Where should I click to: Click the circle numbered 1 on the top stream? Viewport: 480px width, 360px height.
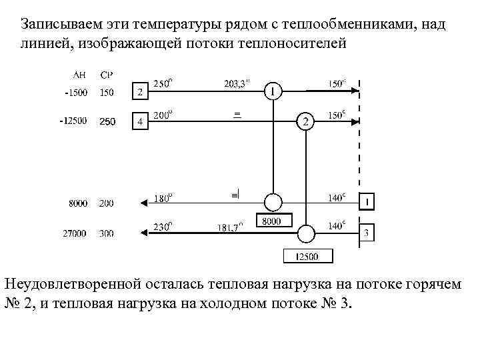(272, 91)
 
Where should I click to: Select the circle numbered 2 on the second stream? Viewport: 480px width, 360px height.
(305, 121)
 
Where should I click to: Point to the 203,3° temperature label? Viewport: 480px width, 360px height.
(237, 83)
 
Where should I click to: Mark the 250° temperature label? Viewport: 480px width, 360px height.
(163, 83)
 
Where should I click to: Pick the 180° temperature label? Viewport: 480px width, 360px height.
(163, 197)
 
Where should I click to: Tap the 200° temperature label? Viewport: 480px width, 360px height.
(163, 115)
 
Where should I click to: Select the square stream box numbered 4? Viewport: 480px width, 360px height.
(139, 121)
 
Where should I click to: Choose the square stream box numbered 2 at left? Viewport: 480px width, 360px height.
(139, 91)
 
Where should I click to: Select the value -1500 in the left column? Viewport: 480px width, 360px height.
(75, 92)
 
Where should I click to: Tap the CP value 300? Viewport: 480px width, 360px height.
(106, 233)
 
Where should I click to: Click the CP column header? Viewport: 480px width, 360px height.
(106, 74)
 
